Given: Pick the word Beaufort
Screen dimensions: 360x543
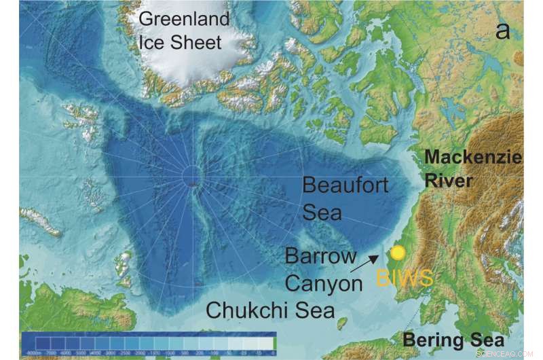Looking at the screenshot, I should click(x=345, y=185).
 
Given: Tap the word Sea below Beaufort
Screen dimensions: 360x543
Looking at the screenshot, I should click(x=319, y=213).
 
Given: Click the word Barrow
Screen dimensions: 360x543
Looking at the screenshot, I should click(x=320, y=257).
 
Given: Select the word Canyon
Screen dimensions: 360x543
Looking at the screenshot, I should click(x=324, y=283).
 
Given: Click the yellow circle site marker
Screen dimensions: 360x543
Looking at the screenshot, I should click(x=398, y=253).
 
